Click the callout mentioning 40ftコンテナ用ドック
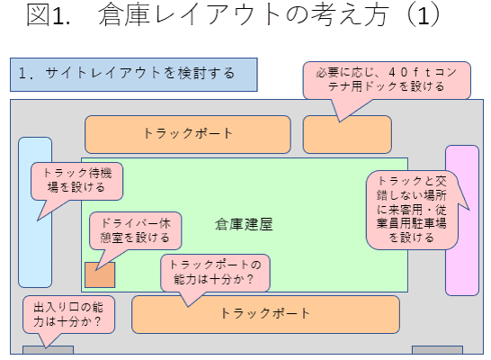click(x=386, y=79)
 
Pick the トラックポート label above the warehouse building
click(x=189, y=134)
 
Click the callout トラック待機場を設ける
click(x=76, y=181)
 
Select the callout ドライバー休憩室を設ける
click(x=129, y=229)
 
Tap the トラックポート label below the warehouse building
click(x=265, y=314)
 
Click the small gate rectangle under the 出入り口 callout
click(x=48, y=351)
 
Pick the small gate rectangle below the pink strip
click(x=437, y=351)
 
